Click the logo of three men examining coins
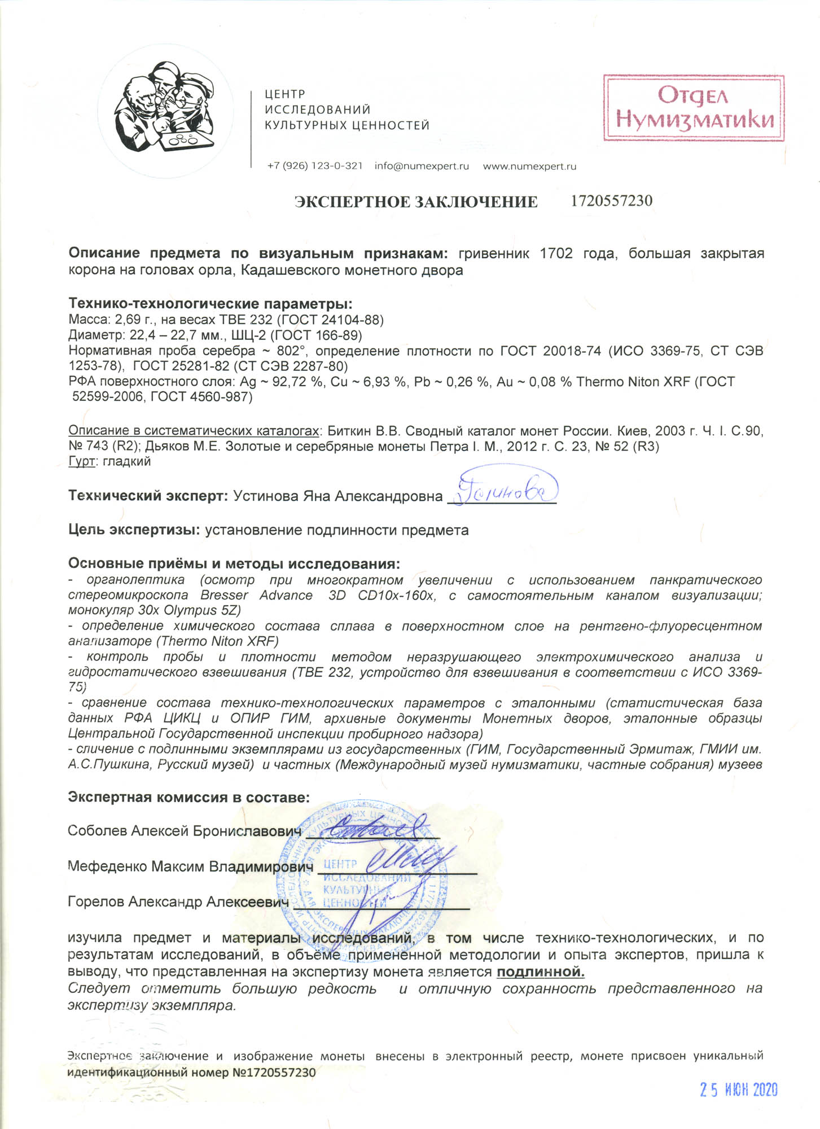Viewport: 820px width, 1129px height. (164, 107)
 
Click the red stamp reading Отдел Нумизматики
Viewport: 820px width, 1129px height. (694, 107)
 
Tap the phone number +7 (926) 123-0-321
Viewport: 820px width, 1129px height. (315, 166)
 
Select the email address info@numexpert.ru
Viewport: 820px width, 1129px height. (422, 166)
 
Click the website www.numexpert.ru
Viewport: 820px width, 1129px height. (529, 166)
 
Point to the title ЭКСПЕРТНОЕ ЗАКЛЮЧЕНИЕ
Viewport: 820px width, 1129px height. (416, 202)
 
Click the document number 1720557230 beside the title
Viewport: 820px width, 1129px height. (612, 201)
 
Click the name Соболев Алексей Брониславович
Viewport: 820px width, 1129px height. (185, 831)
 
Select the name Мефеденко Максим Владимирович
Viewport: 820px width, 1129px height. (190, 867)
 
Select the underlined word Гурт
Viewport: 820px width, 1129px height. (80, 461)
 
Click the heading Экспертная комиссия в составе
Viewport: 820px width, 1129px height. (188, 797)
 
